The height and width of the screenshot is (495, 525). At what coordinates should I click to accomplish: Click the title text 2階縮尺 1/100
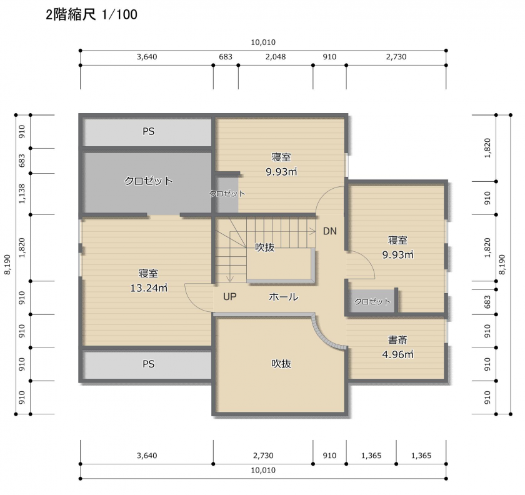[91, 15]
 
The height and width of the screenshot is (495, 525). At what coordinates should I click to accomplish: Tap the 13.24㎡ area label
[149, 288]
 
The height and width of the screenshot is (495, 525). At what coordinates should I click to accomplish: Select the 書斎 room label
[397, 340]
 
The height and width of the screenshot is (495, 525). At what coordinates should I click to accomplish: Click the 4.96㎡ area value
[397, 354]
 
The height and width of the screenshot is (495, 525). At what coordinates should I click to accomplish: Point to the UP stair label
[230, 297]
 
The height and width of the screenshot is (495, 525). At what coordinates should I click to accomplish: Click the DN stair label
[330, 231]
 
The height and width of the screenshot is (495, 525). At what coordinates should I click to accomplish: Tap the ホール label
[283, 297]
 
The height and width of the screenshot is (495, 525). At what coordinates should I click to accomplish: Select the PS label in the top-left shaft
[148, 132]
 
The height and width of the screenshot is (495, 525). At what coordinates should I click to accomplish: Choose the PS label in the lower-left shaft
[148, 364]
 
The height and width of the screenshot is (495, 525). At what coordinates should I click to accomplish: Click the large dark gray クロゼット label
[148, 181]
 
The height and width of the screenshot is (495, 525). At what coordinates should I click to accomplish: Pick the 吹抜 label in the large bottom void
[281, 364]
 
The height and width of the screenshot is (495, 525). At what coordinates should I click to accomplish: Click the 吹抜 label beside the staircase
[265, 247]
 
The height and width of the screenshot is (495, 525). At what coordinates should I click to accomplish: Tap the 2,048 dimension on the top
[276, 57]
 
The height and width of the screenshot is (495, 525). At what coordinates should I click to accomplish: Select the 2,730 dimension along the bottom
[263, 456]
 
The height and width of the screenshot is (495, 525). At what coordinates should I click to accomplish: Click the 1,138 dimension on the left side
[22, 194]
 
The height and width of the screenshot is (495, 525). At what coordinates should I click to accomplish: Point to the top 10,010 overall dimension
[263, 42]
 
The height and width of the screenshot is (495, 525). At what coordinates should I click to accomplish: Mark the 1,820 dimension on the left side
[22, 247]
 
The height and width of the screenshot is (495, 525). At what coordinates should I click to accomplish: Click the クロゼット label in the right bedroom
[372, 302]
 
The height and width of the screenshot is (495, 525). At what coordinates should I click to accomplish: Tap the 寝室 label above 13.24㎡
[148, 273]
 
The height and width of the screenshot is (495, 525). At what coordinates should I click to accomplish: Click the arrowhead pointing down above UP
[230, 279]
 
